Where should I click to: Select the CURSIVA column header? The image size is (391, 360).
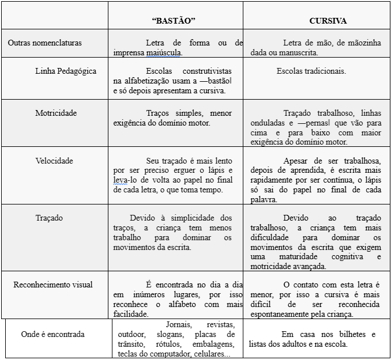[x=328, y=21]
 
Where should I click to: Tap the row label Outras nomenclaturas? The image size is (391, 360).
[x=45, y=43]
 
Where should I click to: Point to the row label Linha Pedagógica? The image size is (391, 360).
[x=66, y=71]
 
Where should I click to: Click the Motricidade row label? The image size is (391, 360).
[x=56, y=113]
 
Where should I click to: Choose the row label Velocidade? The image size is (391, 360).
[x=54, y=161]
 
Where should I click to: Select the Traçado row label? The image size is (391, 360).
[x=49, y=218]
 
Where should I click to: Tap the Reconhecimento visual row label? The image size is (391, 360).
[x=53, y=285]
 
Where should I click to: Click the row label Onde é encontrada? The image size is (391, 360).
[x=52, y=334]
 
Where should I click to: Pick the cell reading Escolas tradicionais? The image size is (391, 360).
[x=311, y=71]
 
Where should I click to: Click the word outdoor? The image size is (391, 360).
[x=131, y=334]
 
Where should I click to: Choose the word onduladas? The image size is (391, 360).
[x=269, y=123]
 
